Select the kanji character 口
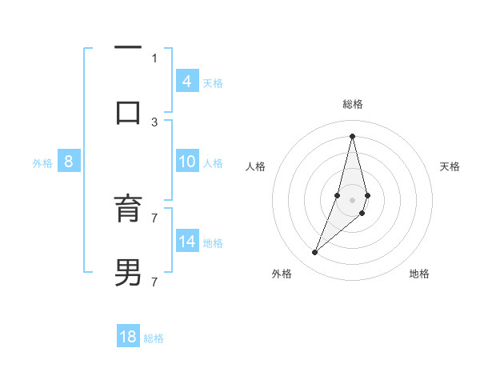coord(128,111)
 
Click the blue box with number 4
coord(186,82)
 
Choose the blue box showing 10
coord(186,162)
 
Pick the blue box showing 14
coord(186,242)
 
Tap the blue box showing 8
coord(68,162)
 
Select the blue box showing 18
coord(128,337)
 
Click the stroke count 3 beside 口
coord(154,122)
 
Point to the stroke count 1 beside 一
coord(154,58)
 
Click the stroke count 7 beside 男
coord(154,282)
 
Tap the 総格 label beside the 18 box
coord(154,338)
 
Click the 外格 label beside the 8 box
coord(42,163)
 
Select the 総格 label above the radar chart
coord(352,104)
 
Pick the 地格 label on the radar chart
coord(419,274)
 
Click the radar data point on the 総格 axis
coord(352,135)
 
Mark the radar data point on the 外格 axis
coord(315,253)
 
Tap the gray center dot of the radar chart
coord(352,200)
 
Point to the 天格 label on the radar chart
coord(450,166)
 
